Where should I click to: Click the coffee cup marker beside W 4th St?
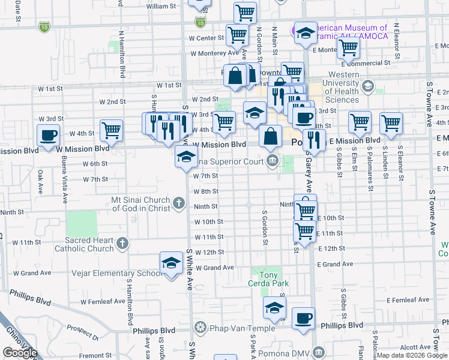click(x=49, y=134)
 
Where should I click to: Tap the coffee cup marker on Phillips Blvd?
click(x=303, y=317)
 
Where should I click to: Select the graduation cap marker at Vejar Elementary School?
click(x=171, y=263)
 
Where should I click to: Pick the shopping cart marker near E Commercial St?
click(x=348, y=50)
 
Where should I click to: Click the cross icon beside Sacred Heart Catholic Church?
click(x=122, y=244)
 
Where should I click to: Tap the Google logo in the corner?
click(x=20, y=353)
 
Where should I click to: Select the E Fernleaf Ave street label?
click(x=408, y=299)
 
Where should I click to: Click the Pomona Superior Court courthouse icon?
click(x=273, y=160)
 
